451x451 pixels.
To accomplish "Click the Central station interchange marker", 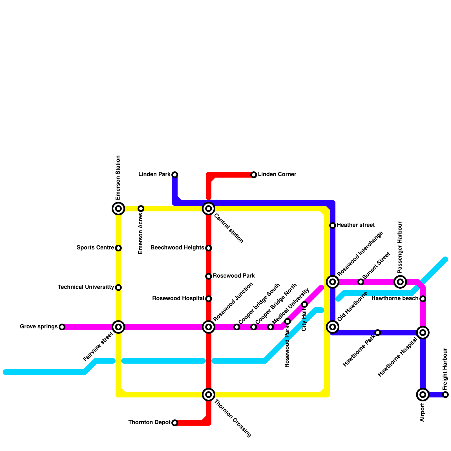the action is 209,209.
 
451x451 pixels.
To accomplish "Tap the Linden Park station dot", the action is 175,175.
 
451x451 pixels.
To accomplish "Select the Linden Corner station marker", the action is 254,175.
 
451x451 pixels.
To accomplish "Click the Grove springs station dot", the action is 62,327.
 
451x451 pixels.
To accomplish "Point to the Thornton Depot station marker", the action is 175,423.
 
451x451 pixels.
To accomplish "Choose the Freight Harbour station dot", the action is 445,395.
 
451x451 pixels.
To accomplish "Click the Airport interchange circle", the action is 423,395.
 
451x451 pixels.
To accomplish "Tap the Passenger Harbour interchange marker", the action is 400,282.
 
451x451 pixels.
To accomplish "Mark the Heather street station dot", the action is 333,225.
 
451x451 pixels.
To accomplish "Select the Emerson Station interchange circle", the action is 118,209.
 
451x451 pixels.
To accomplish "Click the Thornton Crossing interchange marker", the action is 209,395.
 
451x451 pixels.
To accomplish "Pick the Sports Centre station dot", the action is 118,248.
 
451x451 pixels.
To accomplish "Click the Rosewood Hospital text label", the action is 178,298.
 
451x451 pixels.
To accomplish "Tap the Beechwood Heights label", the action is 177,248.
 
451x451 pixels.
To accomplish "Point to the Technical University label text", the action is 86,287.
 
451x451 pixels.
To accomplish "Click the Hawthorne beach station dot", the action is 423,299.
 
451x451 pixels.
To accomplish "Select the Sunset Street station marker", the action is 361,282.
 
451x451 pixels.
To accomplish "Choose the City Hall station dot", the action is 304,304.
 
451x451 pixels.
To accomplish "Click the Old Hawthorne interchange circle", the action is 333,327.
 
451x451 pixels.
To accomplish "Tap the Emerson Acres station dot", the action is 141,209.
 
